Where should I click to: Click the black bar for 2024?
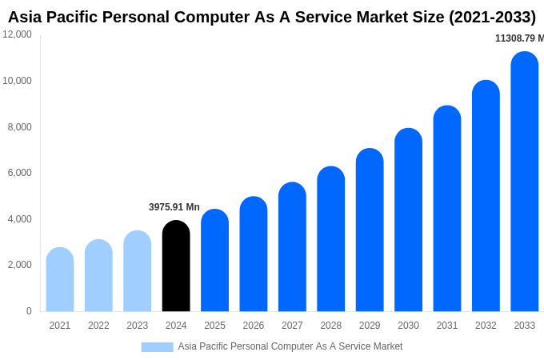click(176, 266)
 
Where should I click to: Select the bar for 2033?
click(525, 182)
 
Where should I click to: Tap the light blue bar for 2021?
click(60, 280)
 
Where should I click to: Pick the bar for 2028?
click(330, 240)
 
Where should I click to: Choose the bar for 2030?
click(408, 220)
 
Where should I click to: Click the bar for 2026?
click(254, 254)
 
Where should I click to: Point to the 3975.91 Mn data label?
click(174, 207)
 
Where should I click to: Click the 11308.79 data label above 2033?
click(519, 38)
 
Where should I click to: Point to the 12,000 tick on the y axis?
click(18, 34)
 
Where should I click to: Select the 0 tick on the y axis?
click(29, 311)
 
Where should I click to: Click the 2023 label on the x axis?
click(138, 326)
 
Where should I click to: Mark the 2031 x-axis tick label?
click(447, 326)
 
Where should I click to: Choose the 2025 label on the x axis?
click(214, 326)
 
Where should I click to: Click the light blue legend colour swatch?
click(157, 346)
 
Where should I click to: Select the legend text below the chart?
click(290, 346)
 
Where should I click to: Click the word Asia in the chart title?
click(26, 17)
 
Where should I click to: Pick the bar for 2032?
click(486, 197)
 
